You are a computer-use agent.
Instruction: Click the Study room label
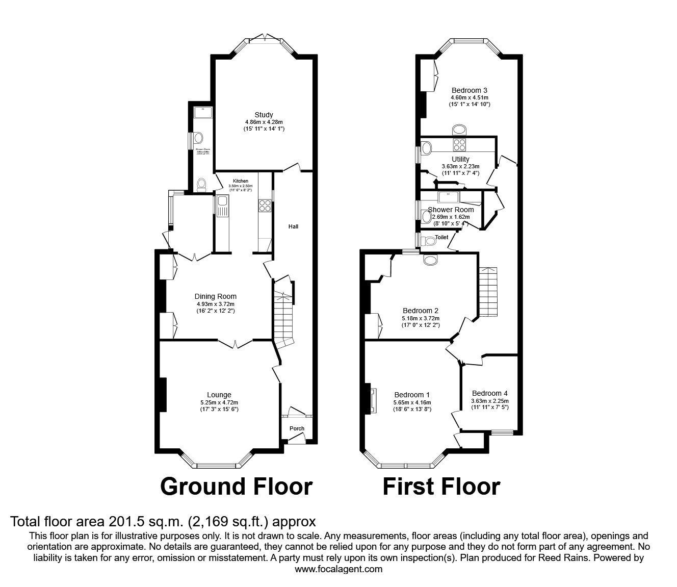[x=264, y=115]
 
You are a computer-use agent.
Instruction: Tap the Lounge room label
[x=219, y=395]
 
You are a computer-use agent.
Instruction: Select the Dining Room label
[x=215, y=296]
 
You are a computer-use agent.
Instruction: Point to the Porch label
[x=297, y=428]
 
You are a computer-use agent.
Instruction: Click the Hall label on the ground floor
[x=293, y=226]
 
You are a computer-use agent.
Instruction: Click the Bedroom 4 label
[x=489, y=393]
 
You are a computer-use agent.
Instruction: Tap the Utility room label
[x=460, y=159]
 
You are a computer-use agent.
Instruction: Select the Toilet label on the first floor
[x=441, y=237]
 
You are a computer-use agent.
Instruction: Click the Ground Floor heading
[x=236, y=487]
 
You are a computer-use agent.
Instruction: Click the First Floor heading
[x=441, y=487]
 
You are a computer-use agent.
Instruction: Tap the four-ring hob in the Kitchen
[x=265, y=206]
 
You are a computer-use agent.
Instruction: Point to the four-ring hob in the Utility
[x=459, y=145]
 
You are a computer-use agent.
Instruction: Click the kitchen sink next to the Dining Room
[x=222, y=207]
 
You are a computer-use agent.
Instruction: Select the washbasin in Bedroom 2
[x=431, y=260]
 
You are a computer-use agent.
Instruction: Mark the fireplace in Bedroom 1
[x=371, y=400]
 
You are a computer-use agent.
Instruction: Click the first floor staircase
[x=488, y=292]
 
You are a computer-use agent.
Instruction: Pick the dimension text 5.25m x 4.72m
[x=219, y=402]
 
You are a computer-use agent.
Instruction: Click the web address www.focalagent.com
[x=338, y=569]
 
